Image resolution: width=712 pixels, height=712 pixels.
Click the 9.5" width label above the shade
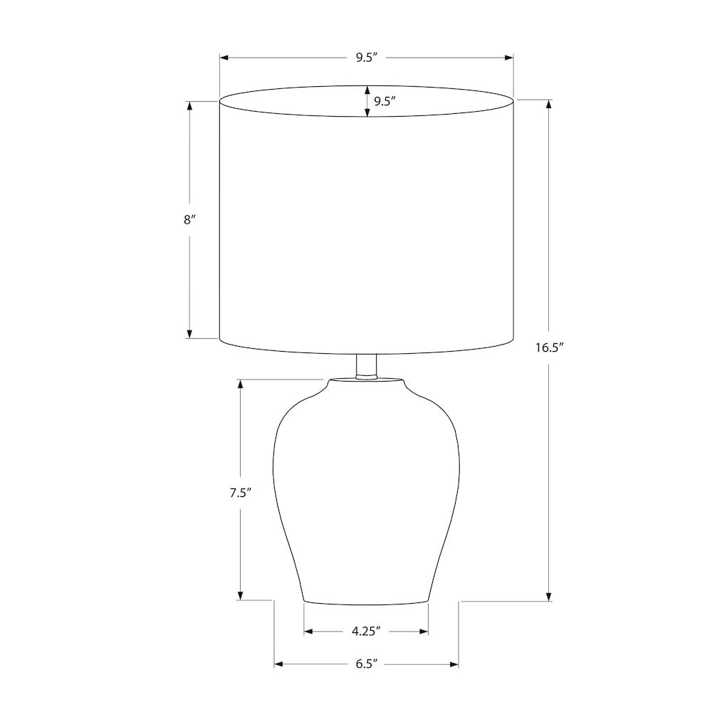367,58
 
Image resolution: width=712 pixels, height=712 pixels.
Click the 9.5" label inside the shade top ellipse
385,101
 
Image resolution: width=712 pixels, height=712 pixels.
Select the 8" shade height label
189,220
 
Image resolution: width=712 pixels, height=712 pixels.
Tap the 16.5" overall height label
550,348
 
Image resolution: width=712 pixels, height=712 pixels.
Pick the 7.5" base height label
240,493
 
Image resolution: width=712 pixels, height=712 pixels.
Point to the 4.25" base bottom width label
366,631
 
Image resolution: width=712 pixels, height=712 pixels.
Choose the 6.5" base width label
367,664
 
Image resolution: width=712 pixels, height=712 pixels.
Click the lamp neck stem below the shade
367,366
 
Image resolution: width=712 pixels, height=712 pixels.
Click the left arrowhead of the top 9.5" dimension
224,58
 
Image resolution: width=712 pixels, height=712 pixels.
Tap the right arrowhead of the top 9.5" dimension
509,58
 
